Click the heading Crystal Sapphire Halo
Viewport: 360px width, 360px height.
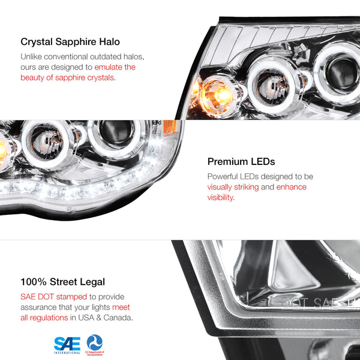point(70,42)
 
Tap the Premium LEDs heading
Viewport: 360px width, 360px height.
point(241,161)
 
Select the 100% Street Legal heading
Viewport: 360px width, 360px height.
point(62,281)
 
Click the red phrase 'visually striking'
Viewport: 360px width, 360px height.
point(233,187)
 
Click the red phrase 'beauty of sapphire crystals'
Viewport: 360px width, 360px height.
point(67,77)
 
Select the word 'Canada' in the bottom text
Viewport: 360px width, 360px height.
point(117,317)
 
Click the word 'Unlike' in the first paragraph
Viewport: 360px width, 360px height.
point(32,56)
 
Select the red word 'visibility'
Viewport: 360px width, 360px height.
point(220,197)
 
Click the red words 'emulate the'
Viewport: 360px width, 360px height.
point(114,67)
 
